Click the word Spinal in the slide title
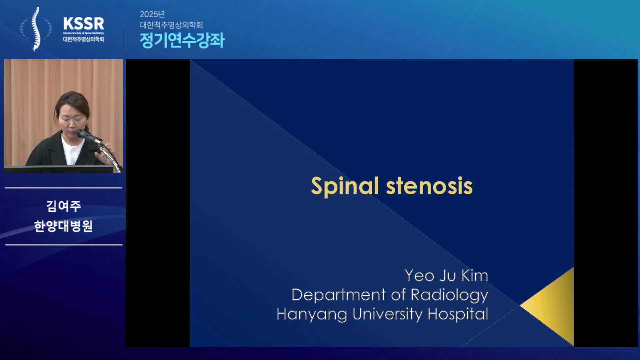click(345, 186)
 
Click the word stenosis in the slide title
click(429, 186)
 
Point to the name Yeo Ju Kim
click(446, 276)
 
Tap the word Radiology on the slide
click(449, 295)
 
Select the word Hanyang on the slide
click(312, 314)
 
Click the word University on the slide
click(387, 314)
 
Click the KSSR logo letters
click(83, 24)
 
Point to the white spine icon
click(36, 29)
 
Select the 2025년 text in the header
click(152, 14)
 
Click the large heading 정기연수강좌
click(182, 40)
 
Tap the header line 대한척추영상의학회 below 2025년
click(171, 25)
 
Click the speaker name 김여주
click(63, 206)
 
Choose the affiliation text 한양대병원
click(63, 226)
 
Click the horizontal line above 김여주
click(63, 188)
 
